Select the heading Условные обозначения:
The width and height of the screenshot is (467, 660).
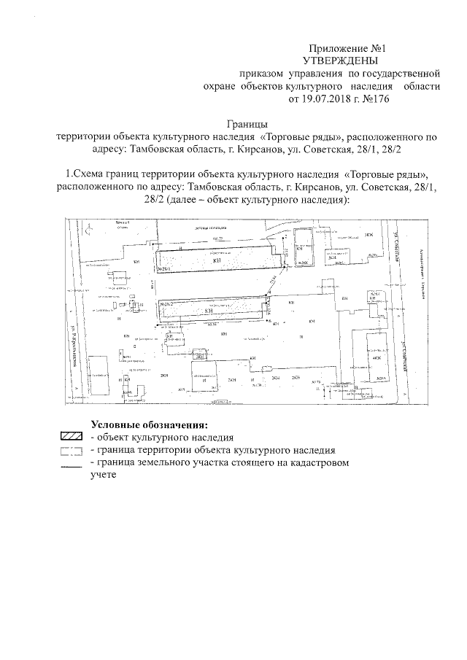point(150,425)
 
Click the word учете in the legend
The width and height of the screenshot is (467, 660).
point(104,475)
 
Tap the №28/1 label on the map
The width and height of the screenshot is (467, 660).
point(162,268)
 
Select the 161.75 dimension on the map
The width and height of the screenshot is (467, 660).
point(217,239)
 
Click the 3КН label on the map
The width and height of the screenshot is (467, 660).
point(369,235)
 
